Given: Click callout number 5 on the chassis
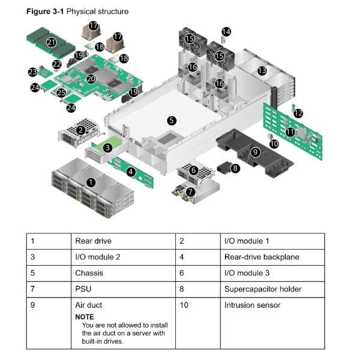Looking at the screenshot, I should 172,120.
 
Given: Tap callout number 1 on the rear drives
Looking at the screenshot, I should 91,181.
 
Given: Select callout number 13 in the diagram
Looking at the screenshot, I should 262,71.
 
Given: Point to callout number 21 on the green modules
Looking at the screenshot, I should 51,42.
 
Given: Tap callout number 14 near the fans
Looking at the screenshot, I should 226,31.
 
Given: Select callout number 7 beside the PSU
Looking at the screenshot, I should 190,192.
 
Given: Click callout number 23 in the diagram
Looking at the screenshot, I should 32,72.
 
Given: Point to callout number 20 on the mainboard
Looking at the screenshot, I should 91,78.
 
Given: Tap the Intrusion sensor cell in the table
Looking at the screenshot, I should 251,305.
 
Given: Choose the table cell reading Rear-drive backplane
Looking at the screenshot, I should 261,257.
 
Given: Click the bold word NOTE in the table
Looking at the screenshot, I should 85,316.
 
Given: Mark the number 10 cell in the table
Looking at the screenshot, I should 184,305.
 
